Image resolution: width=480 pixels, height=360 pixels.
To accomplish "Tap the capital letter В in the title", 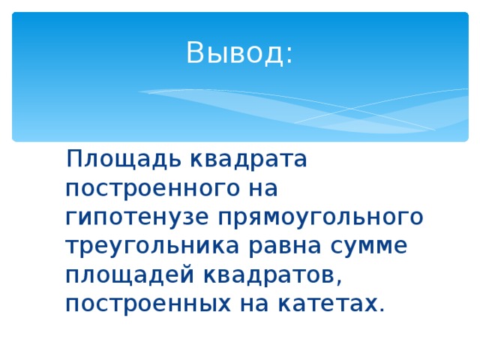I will point(195,52).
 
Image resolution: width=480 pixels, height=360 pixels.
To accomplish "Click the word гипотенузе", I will point(137,217).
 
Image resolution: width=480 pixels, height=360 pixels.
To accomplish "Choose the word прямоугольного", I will point(320,217).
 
